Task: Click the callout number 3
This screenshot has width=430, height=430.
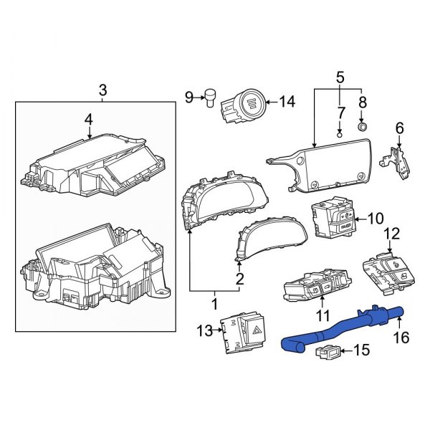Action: point(102,90)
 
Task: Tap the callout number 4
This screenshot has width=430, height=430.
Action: point(88,120)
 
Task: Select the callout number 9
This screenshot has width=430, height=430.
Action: point(189,96)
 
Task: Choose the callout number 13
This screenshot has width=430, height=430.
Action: point(205,330)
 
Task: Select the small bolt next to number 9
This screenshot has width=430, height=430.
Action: point(211,95)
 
